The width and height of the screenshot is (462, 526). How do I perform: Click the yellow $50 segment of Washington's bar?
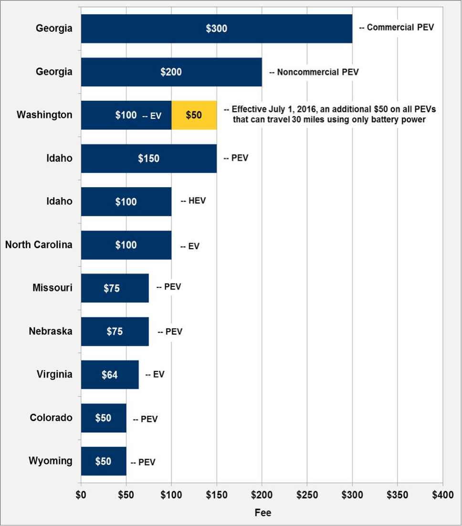[x=194, y=115]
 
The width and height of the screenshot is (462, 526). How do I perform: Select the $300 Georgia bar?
[x=216, y=29]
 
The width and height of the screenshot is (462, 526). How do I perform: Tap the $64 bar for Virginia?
[x=110, y=375]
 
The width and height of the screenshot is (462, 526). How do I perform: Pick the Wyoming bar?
[x=104, y=461]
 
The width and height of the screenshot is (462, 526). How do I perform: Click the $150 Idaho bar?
[x=148, y=158]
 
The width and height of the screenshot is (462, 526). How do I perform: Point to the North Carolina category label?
[x=39, y=245]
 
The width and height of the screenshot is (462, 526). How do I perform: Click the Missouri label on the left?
[x=52, y=288]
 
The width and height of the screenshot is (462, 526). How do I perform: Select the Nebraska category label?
[x=51, y=331]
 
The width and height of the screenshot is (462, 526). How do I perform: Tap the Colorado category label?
[x=51, y=418]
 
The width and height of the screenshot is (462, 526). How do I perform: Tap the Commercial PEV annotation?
[x=397, y=28]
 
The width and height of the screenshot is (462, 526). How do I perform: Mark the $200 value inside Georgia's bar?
[x=171, y=72]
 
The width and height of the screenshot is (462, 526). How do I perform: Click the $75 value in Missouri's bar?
[x=112, y=288]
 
